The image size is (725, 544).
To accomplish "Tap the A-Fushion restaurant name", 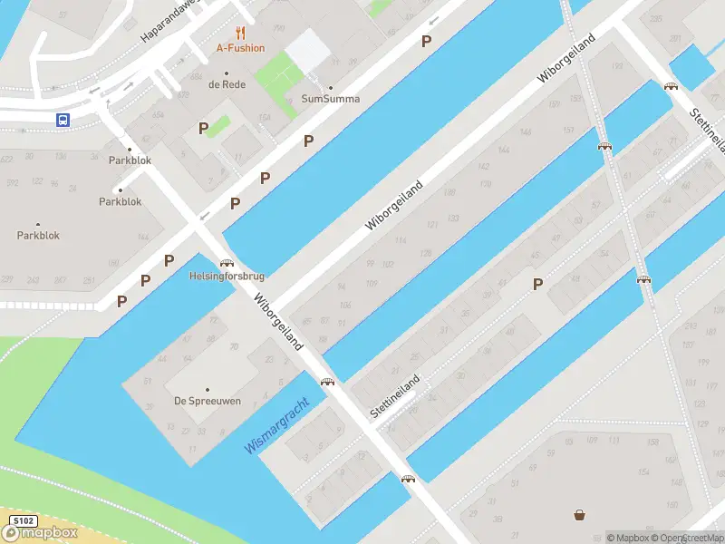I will pyautogui.click(x=240, y=48).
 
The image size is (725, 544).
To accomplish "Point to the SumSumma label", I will pyautogui.click(x=330, y=99).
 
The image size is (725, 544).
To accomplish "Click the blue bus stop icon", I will pyautogui.click(x=63, y=120).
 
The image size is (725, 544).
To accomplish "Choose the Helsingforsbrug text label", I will pyautogui.click(x=226, y=276).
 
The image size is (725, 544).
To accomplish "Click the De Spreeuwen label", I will pyautogui.click(x=208, y=401).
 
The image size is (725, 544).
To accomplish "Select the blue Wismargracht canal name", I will pyautogui.click(x=277, y=426).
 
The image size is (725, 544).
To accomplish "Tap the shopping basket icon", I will pyautogui.click(x=579, y=516).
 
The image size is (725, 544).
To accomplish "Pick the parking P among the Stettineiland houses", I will pyautogui.click(x=537, y=284).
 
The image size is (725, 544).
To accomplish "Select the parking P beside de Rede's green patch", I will pyautogui.click(x=204, y=129).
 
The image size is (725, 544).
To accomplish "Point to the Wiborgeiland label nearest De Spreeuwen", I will pyautogui.click(x=278, y=321).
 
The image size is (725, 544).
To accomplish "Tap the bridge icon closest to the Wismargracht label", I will pyautogui.click(x=325, y=383).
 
